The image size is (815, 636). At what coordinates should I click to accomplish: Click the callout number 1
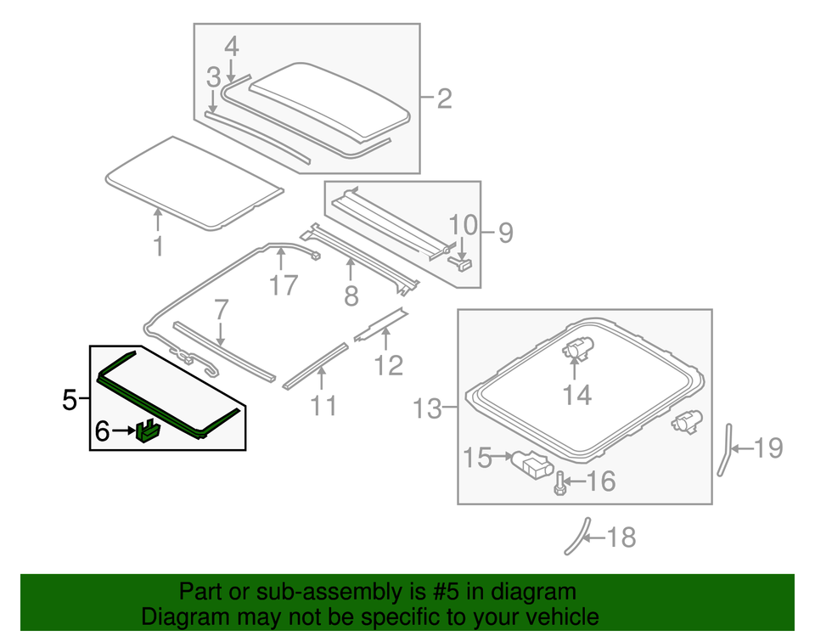click(x=158, y=248)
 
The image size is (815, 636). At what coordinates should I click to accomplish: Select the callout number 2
click(x=443, y=99)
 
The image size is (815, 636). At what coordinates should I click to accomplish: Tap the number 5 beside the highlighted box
click(x=71, y=399)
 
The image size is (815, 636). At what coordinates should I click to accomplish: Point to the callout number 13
click(x=428, y=410)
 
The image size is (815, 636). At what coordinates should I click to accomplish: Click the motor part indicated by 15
click(x=532, y=464)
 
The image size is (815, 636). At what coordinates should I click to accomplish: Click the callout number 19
click(x=767, y=447)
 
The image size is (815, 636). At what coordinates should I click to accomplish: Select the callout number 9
click(x=506, y=233)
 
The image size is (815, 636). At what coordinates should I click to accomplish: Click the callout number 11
click(x=323, y=406)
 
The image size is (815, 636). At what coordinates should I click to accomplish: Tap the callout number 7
click(x=221, y=309)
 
